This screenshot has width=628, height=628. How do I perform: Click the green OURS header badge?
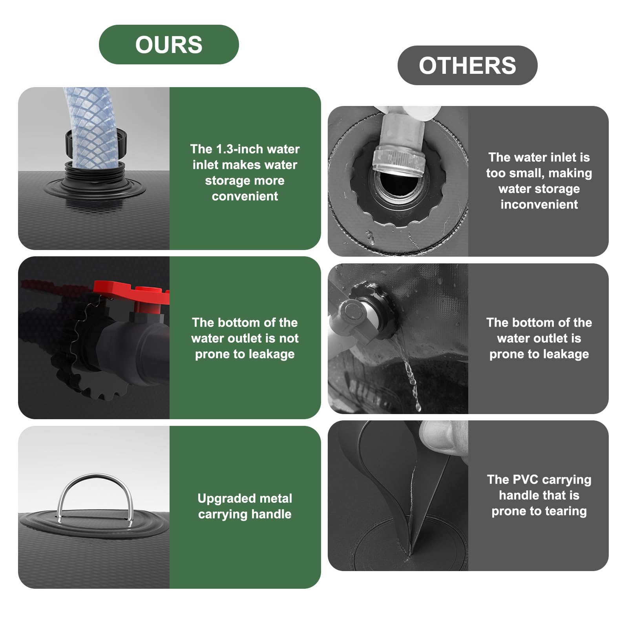click(169, 44)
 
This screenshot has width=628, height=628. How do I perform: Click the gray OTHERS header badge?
click(467, 65)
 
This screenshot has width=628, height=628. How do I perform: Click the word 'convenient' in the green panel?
click(245, 196)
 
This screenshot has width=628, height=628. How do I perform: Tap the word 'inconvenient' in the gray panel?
click(539, 204)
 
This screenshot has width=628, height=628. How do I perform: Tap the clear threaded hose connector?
click(399, 159)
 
